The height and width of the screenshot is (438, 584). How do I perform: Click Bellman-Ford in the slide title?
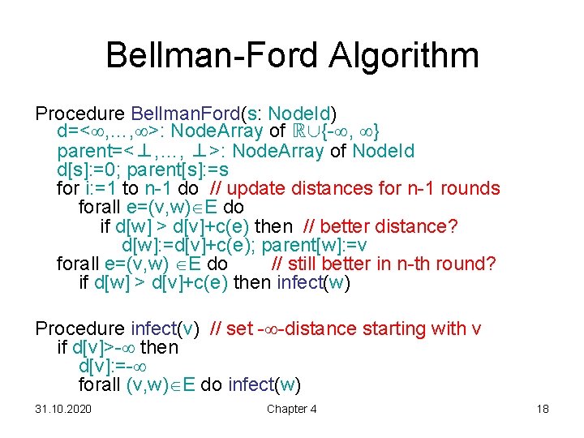[202, 55]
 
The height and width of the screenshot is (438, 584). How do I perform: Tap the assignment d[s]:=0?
[88, 170]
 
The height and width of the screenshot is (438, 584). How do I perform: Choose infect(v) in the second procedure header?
[165, 328]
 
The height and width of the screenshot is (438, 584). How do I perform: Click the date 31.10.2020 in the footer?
[63, 409]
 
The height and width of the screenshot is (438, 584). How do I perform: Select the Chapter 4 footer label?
[291, 409]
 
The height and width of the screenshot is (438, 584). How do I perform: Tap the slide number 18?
[543, 409]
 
